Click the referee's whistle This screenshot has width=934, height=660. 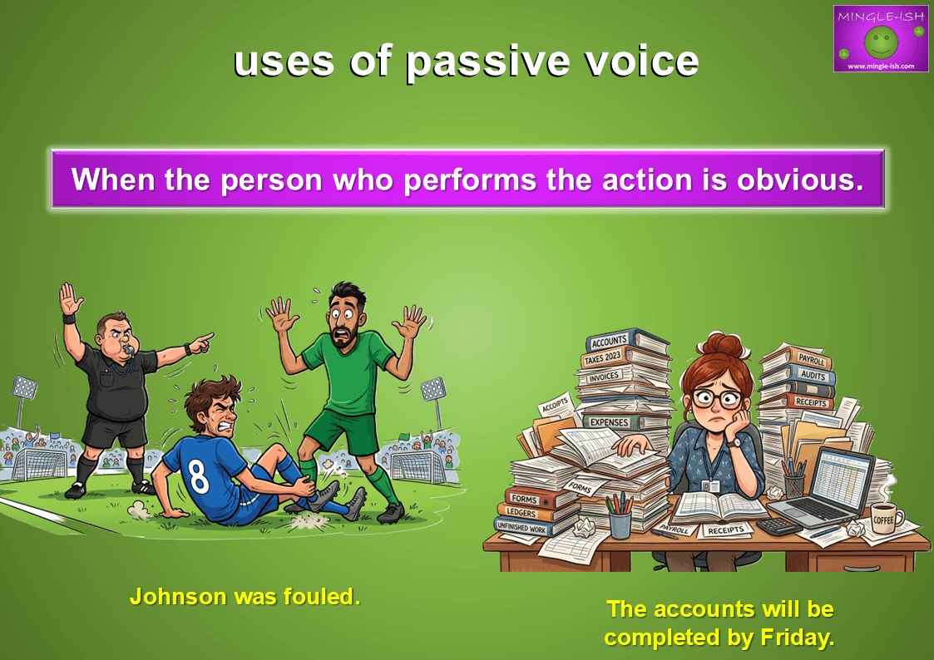128,349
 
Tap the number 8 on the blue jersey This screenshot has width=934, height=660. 197,475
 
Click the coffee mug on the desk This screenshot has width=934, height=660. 886,518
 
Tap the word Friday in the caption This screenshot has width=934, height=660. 797,638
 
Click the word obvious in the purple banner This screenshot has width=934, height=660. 800,180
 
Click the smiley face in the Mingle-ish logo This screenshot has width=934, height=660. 881,42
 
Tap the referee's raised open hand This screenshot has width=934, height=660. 71,298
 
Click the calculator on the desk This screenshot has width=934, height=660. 778,526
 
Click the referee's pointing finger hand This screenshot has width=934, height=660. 200,342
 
